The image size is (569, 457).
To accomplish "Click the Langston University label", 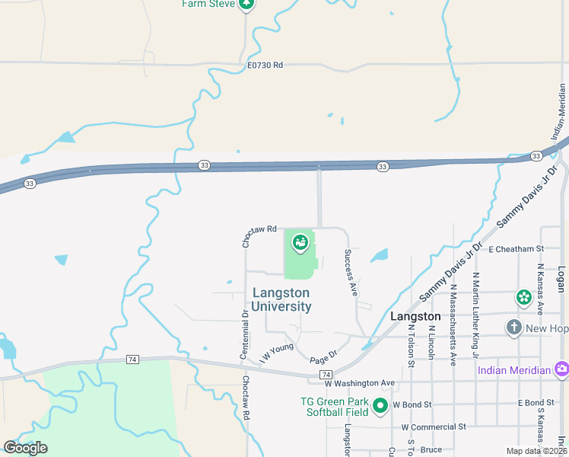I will pyautogui.click(x=281, y=299).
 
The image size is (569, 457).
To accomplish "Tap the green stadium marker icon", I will pyautogui.click(x=300, y=243).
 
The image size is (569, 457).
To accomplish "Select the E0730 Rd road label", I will pyautogui.click(x=265, y=66).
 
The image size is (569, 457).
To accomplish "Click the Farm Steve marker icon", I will pyautogui.click(x=246, y=5).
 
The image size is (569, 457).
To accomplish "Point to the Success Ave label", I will pyautogui.click(x=351, y=272).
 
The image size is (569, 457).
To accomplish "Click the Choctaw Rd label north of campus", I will pyautogui.click(x=259, y=235).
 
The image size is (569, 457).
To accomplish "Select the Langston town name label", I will pyautogui.click(x=415, y=316).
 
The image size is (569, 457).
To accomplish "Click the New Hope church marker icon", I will pyautogui.click(x=513, y=328).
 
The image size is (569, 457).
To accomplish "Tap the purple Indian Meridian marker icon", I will pyautogui.click(x=561, y=370).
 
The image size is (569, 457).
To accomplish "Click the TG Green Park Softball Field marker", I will pyautogui.click(x=380, y=406).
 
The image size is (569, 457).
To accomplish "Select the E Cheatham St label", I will pyautogui.click(x=517, y=248).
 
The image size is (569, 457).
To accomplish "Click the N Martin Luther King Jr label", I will pyautogui.click(x=475, y=315).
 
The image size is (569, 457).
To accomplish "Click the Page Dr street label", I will pyautogui.click(x=323, y=357).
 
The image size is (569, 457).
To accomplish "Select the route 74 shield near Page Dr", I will pyautogui.click(x=326, y=375).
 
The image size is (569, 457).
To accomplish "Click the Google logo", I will pyautogui.click(x=25, y=447).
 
